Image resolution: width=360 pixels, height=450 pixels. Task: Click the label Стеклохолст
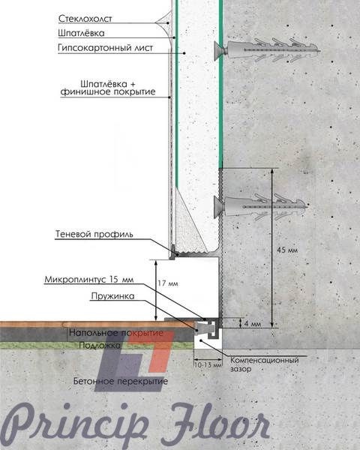[85, 19]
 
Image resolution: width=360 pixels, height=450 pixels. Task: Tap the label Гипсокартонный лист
[105, 48]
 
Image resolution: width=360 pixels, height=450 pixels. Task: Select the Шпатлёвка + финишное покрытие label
[108, 88]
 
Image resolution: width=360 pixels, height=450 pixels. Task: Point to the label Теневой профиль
[94, 234]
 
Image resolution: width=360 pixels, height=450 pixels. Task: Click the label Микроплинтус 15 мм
[89, 280]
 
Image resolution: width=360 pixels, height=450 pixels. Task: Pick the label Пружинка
[112, 296]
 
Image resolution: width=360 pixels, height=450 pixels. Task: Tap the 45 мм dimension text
[287, 250]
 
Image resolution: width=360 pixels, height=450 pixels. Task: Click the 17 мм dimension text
[168, 283]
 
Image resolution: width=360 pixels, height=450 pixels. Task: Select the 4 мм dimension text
[253, 324]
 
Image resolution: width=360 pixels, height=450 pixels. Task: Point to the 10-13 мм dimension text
[208, 366]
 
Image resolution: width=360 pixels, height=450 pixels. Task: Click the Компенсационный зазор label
[265, 364]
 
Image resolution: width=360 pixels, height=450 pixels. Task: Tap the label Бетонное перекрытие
[121, 382]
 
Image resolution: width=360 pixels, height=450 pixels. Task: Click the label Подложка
[100, 345]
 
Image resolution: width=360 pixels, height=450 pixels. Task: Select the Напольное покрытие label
[116, 333]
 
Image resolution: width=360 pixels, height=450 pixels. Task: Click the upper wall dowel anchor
[267, 50]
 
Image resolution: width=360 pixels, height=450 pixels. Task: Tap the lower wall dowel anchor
[261, 206]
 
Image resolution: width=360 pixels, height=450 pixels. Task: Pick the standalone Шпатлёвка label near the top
[81, 33]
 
